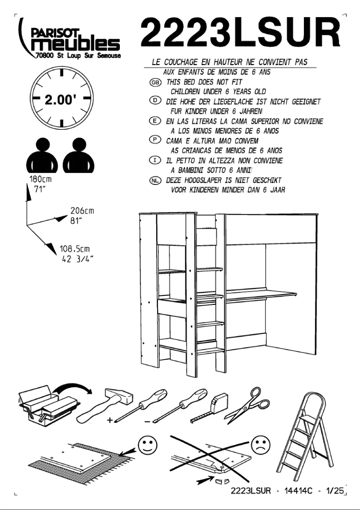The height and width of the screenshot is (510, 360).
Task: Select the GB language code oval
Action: coord(155,83)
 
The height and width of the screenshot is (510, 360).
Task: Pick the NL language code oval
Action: coord(155,180)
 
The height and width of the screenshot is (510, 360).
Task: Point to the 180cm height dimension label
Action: coord(41,179)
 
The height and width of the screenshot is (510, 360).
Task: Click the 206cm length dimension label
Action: coord(81,211)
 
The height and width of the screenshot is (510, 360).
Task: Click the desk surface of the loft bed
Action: coord(260,294)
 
